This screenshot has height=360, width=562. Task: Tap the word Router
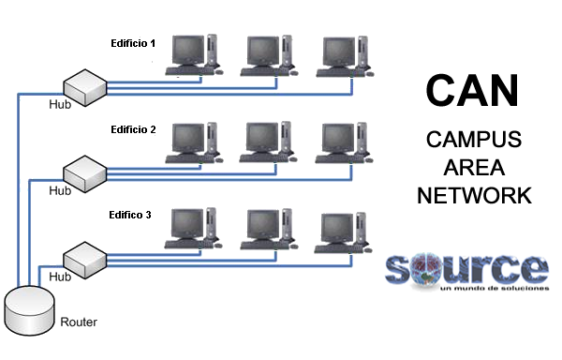[79, 322]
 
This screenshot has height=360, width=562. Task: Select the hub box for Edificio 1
[83, 87]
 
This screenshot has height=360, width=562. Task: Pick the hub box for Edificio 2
[83, 171]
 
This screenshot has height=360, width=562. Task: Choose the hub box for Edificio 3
[83, 256]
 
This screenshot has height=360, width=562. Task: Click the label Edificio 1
[133, 44]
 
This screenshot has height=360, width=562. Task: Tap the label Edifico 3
[130, 215]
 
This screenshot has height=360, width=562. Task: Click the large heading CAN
[471, 90]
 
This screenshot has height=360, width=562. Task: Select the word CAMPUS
[473, 141]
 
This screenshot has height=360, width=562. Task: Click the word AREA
[473, 169]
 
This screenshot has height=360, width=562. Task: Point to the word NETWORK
[474, 196]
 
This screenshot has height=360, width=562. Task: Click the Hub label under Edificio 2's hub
[60, 190]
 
